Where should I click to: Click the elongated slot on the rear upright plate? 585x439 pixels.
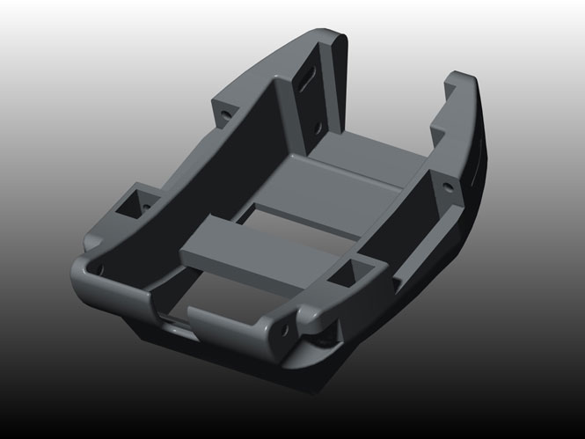309,78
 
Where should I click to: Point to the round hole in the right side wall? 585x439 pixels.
450,187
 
